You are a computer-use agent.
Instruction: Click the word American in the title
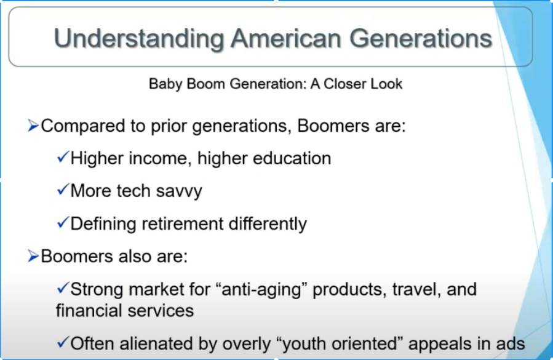pyautogui.click(x=285, y=38)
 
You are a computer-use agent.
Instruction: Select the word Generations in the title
pyautogui.click(x=420, y=38)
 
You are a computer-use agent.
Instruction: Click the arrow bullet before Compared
pyautogui.click(x=33, y=126)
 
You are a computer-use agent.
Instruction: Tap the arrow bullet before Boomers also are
pyautogui.click(x=33, y=256)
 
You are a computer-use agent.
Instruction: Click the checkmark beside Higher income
pyautogui.click(x=62, y=157)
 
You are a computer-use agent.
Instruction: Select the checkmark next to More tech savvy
pyautogui.click(x=62, y=190)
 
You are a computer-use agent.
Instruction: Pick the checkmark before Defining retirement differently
pyautogui.click(x=62, y=222)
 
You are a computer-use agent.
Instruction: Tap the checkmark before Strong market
pyautogui.click(x=62, y=288)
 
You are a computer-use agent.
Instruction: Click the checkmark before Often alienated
pyautogui.click(x=62, y=342)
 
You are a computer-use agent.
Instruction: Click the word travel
pyautogui.click(x=417, y=290)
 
